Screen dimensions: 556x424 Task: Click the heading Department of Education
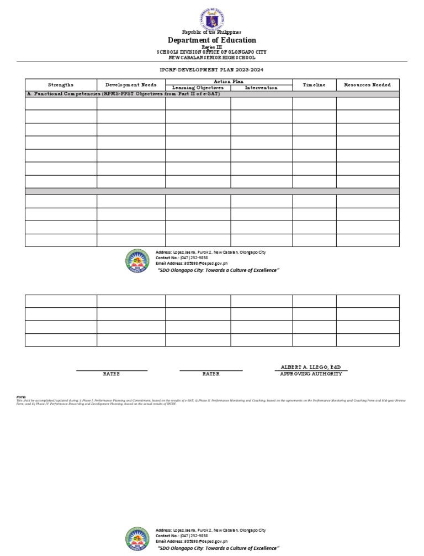tap(212, 40)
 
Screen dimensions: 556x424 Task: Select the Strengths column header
tap(61, 85)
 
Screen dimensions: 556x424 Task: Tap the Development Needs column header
tap(131, 85)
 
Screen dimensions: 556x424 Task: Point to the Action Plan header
tap(229, 81)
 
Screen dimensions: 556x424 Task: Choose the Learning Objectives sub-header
tap(198, 88)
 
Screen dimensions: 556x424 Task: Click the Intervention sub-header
tap(261, 88)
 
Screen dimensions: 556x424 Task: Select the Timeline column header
tap(314, 85)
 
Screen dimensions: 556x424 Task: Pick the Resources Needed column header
tap(367, 85)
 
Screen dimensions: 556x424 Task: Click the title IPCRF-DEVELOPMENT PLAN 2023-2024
tap(212, 71)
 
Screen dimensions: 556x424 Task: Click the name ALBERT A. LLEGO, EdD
tap(311, 367)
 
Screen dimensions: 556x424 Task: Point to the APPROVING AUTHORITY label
tap(311, 374)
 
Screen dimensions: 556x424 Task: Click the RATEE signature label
tap(112, 374)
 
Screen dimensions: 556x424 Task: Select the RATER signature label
tap(211, 374)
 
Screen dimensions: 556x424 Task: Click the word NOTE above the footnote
tap(21, 397)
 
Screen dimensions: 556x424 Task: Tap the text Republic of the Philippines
tap(212, 33)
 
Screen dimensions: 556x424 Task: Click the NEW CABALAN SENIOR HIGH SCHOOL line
tap(212, 57)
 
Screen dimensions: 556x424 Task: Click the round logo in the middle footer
tap(137, 261)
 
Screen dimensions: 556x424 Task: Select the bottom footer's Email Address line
tap(192, 541)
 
